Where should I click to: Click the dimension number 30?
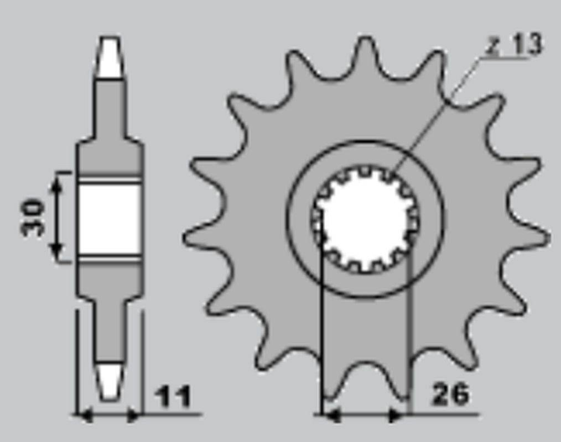pos(33,217)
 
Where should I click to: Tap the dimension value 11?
pos(174,396)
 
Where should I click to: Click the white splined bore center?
pos(365,219)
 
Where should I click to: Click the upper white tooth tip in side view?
pos(110,57)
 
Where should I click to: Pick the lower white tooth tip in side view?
pos(110,382)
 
